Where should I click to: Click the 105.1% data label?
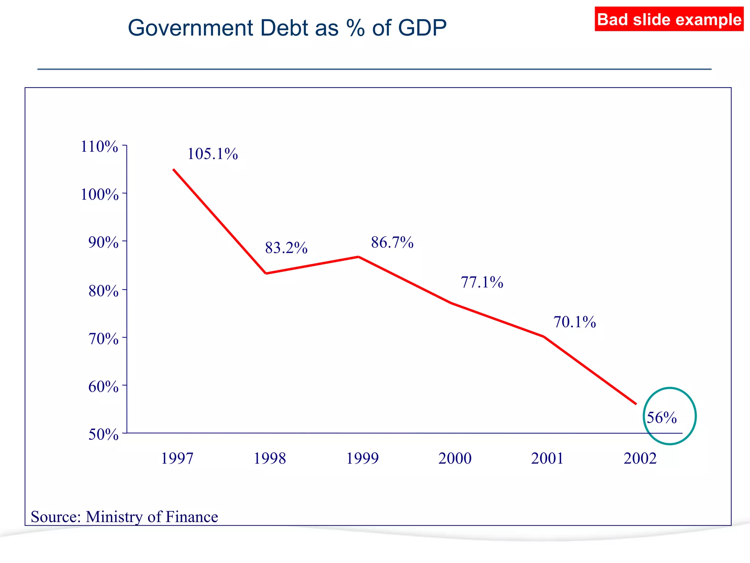click(212, 154)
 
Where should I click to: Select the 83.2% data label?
click(286, 248)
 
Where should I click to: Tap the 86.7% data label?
click(392, 243)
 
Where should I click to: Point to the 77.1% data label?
click(482, 282)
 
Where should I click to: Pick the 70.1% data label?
click(574, 322)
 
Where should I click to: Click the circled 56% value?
click(661, 418)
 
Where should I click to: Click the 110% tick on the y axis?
click(99, 147)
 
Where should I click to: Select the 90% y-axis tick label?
click(103, 242)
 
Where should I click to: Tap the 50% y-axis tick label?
click(103, 434)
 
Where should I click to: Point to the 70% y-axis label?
click(103, 339)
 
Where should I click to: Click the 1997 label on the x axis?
click(177, 459)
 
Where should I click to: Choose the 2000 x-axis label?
click(455, 459)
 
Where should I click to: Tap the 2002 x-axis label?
click(640, 459)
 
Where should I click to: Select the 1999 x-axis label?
click(362, 459)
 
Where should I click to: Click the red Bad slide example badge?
click(669, 19)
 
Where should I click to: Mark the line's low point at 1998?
click(266, 273)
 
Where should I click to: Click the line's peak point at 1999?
click(359, 257)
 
